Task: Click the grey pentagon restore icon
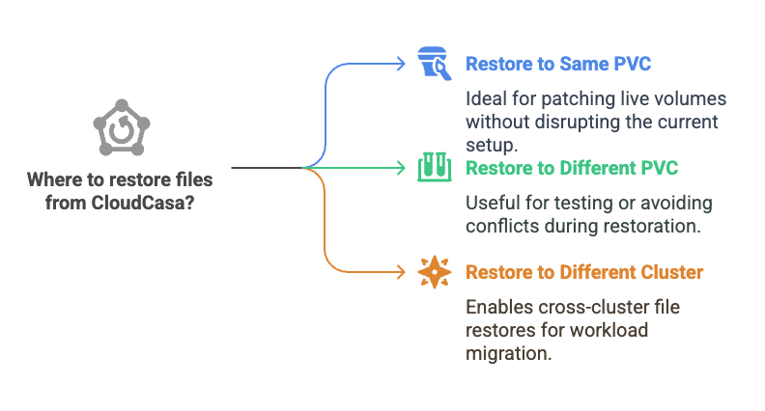122,127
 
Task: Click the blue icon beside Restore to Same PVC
435,64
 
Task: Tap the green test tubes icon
435,167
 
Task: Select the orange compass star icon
435,272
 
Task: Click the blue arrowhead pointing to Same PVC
401,64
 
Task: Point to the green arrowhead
401,168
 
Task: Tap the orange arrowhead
401,272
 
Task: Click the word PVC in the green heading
659,168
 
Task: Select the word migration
509,353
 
